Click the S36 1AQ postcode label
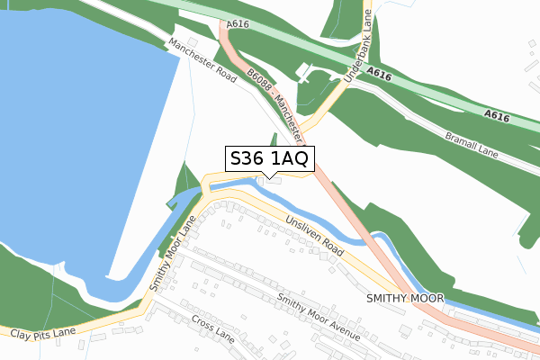[269, 158]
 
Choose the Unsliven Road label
[315, 233]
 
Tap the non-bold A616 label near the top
[238, 24]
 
